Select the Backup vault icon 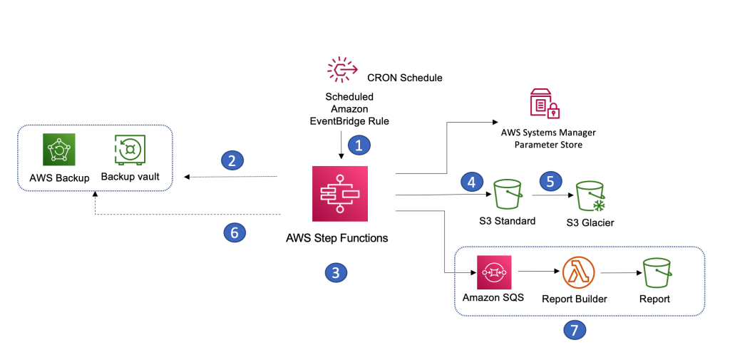coord(130,150)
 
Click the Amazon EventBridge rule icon coord(342,71)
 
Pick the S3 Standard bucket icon coord(507,193)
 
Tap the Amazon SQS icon coord(493,272)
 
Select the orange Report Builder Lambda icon coord(575,272)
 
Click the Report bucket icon coord(655,272)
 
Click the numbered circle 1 coord(359,145)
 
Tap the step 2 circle coord(229,160)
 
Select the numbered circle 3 coord(335,272)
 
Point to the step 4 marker coord(469,180)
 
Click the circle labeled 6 coord(231,232)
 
